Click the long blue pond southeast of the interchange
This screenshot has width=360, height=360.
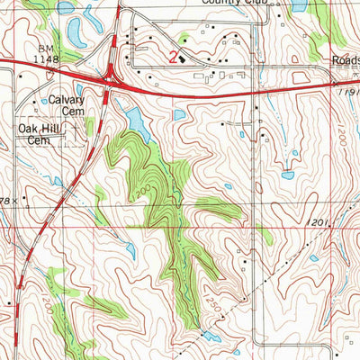pos(136,118)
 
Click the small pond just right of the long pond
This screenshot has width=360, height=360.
pos(180,115)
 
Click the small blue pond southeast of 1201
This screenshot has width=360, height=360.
pos(314,257)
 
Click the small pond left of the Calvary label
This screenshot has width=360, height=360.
pos(44,102)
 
